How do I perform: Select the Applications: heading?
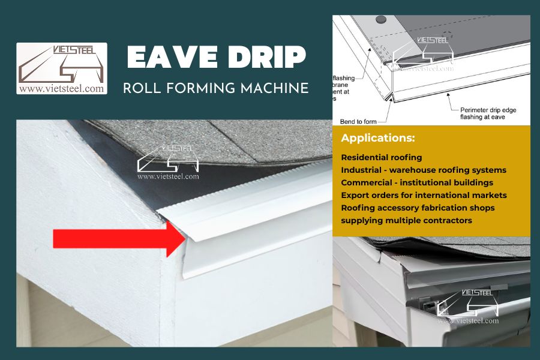[x=378, y=139]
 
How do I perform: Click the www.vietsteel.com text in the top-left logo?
[x=62, y=88]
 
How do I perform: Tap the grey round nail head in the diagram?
[x=380, y=20]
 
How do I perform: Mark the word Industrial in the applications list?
[x=362, y=170]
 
